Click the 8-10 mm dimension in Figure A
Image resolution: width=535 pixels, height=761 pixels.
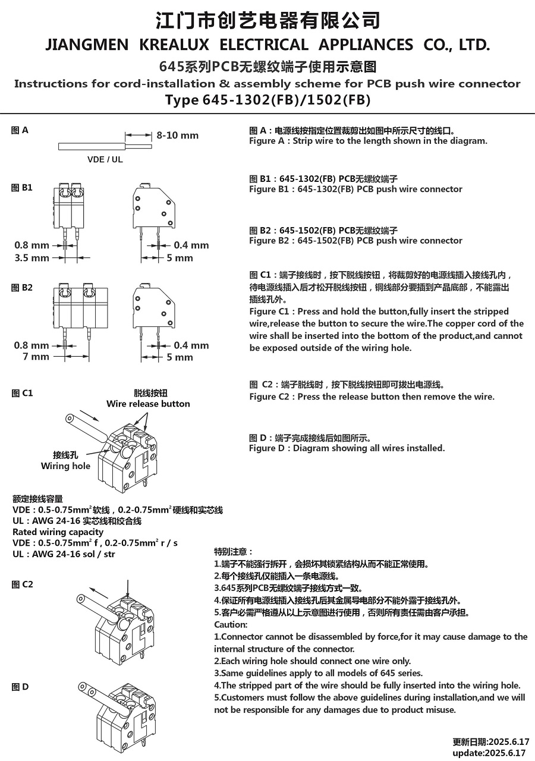pos(177,136)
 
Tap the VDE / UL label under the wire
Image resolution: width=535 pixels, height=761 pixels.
pos(105,159)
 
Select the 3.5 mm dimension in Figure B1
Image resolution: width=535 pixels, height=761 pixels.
pos(32,258)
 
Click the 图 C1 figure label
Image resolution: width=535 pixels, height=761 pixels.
pos(22,394)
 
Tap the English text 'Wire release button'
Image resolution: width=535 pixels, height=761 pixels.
pos(148,404)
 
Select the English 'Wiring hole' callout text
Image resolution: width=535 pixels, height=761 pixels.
pos(65,466)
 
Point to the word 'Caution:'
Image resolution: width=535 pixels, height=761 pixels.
pos(231,625)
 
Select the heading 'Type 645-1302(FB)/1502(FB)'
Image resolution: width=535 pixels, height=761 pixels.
pos(267,99)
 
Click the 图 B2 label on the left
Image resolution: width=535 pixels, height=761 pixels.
pos(22,288)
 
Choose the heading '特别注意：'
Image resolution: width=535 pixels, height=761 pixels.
pos(234,552)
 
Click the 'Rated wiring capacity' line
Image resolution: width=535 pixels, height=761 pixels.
pos(58,532)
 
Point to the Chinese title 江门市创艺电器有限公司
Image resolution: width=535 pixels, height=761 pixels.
pos(267,20)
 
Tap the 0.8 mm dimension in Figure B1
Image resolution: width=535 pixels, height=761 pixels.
pos(32,246)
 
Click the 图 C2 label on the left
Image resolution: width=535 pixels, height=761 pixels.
pos(22,585)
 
